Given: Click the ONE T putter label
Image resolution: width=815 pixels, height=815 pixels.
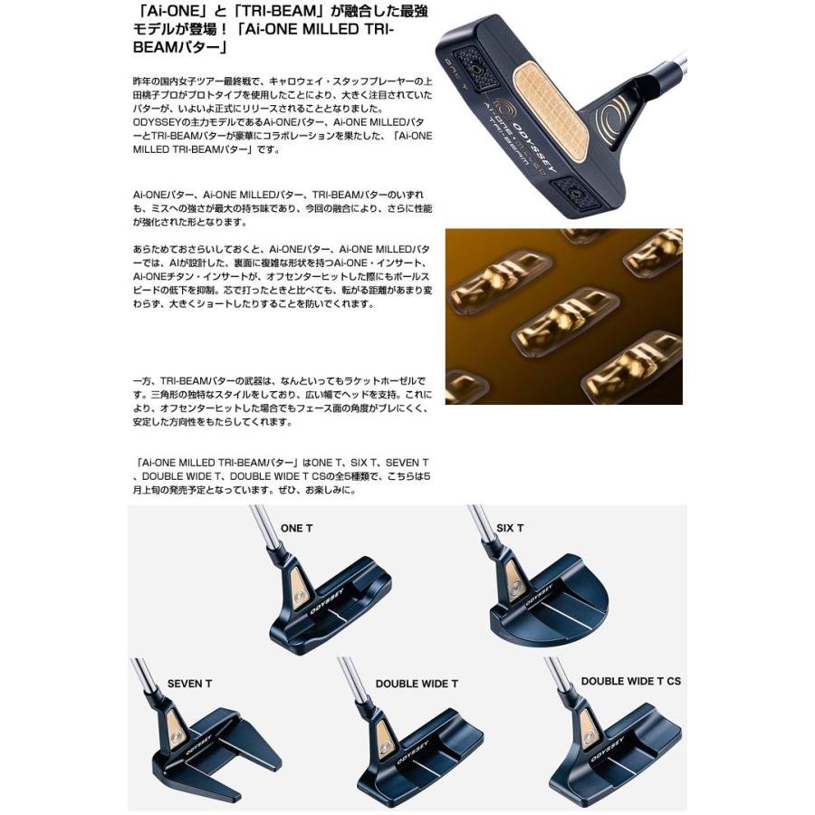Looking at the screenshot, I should pyautogui.click(x=296, y=528).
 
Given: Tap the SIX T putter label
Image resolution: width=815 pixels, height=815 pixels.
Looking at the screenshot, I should pyautogui.click(x=510, y=528).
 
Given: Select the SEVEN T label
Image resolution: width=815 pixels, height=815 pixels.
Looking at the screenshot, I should pyautogui.click(x=189, y=683).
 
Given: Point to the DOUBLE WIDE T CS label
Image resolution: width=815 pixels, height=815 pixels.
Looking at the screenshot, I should pyautogui.click(x=630, y=681).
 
